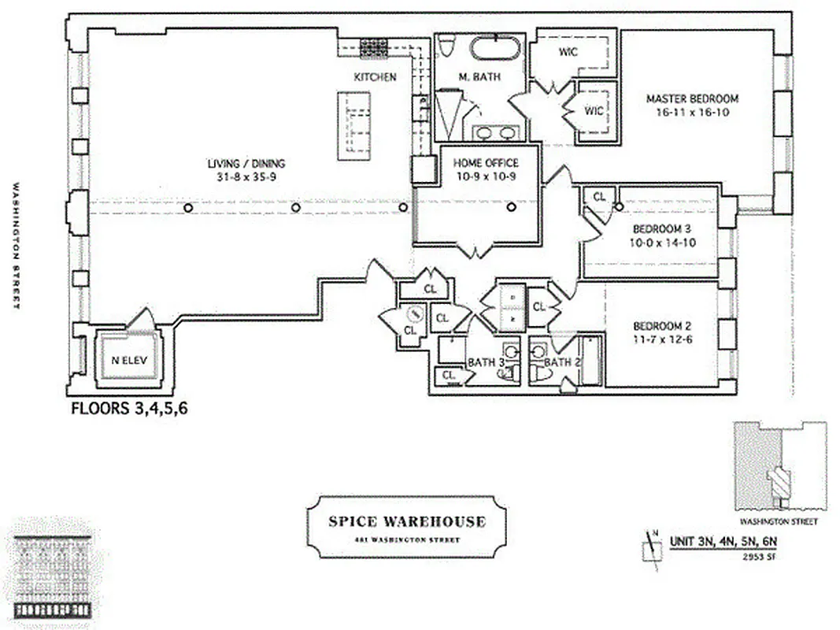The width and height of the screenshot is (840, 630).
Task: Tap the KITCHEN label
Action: click(x=375, y=77)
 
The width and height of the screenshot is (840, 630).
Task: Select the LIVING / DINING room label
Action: click(x=246, y=164)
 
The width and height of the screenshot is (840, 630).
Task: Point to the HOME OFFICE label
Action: click(x=486, y=163)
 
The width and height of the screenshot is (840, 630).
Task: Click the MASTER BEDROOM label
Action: click(x=692, y=99)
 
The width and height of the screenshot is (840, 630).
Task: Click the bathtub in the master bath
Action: click(x=494, y=47)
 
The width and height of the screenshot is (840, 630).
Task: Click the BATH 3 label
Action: click(x=487, y=362)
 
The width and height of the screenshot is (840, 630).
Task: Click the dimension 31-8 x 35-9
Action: click(x=246, y=176)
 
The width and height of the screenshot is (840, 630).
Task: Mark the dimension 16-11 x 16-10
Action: click(x=692, y=112)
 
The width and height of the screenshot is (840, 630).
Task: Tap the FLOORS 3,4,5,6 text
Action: click(x=129, y=409)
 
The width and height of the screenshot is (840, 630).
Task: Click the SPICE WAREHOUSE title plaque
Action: click(x=406, y=526)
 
